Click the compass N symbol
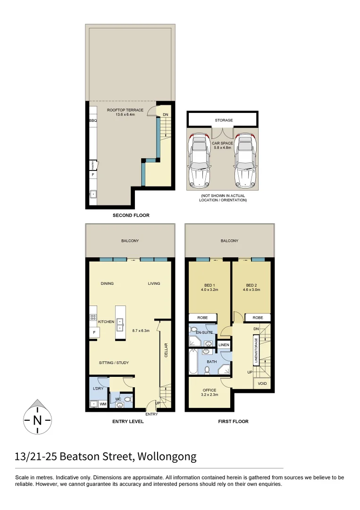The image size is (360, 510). (37, 419)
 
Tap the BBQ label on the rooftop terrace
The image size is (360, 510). (92, 120)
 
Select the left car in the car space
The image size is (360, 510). (200, 160)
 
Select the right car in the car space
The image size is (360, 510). (245, 160)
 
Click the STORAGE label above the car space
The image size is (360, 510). (224, 120)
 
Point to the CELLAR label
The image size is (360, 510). (166, 349)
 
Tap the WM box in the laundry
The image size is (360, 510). (103, 405)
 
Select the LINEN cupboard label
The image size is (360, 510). (224, 345)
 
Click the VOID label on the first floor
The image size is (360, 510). (262, 383)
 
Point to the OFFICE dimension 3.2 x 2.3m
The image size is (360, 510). (209, 394)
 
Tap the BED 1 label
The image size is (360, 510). (209, 285)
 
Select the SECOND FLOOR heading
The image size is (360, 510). (131, 215)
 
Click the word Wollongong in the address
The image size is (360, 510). (167, 457)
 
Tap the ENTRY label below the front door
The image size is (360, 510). (151, 414)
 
